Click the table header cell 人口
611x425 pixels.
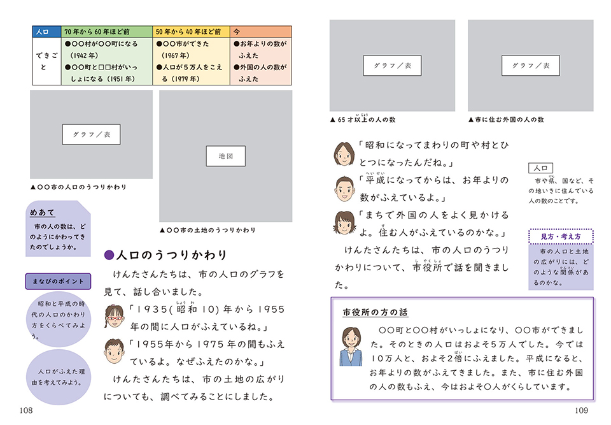coord(46,31)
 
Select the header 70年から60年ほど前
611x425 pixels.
coord(106,31)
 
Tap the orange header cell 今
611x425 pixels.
coord(260,31)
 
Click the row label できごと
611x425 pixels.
coord(46,61)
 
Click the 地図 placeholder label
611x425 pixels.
coord(225,156)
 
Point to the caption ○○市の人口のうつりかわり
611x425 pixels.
coord(79,187)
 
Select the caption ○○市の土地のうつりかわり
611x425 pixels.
coord(207,230)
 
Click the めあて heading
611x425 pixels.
coord(43,213)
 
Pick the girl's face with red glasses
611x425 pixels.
coord(115,315)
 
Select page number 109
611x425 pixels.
coord(581,410)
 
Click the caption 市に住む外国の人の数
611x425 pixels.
coord(506,120)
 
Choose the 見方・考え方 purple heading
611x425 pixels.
coord(560,237)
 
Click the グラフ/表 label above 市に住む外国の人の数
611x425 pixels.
coord(531,66)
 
